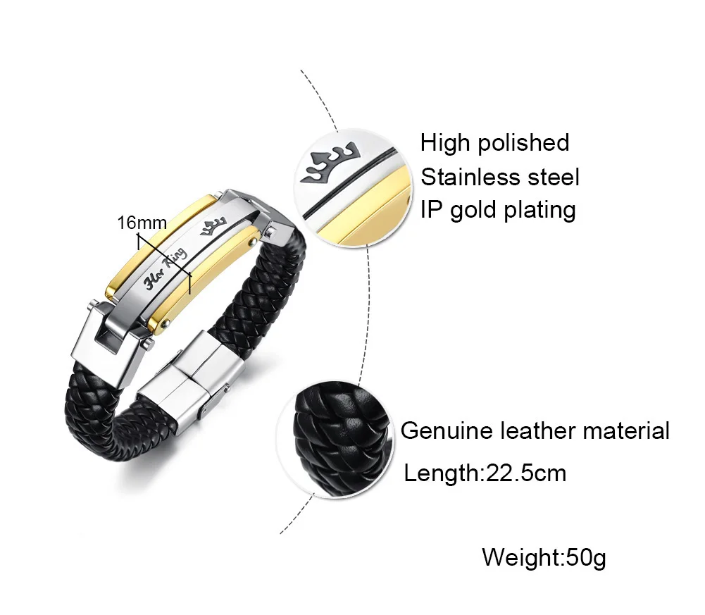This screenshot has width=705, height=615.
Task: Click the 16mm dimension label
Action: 142,223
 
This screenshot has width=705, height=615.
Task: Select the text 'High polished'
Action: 494,143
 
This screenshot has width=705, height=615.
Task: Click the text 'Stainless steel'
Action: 500,177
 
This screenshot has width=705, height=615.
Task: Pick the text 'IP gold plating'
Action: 498,210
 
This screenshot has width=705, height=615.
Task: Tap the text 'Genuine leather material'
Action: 535,430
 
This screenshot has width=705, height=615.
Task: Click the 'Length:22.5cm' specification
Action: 485,473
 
